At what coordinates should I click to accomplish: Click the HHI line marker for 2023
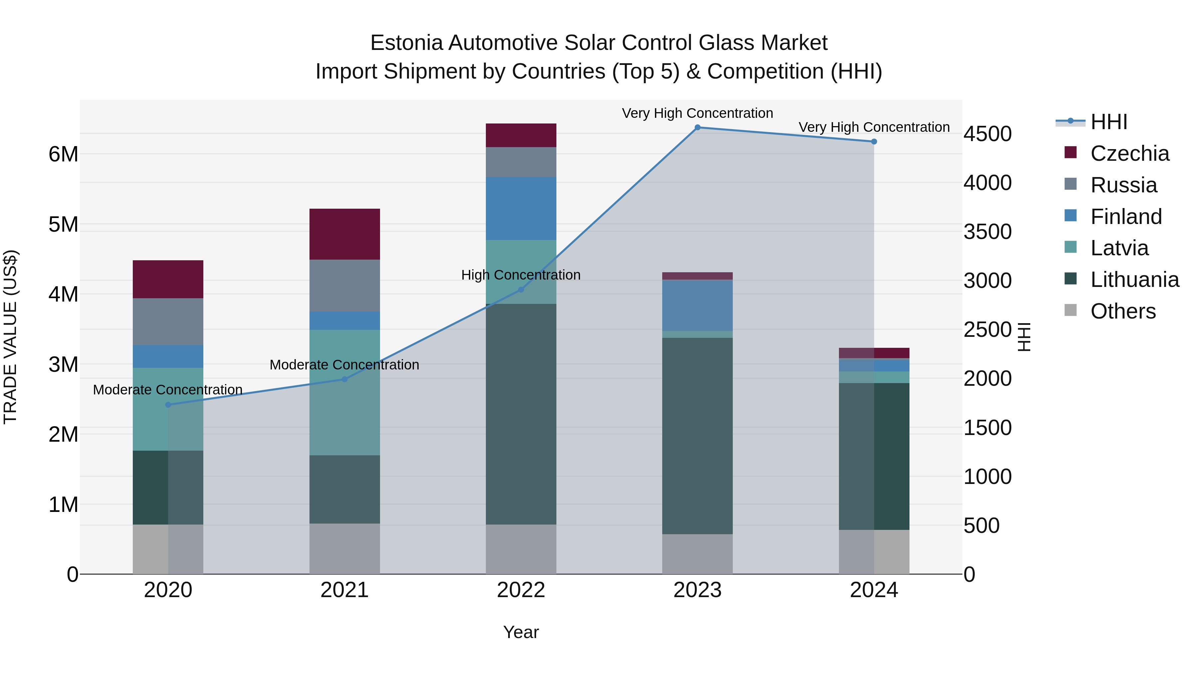point(697,127)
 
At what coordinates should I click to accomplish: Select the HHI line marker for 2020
point(168,405)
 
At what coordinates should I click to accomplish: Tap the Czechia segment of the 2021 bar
point(345,234)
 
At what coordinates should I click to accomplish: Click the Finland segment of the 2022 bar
point(521,208)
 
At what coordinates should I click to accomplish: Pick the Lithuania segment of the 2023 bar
point(697,436)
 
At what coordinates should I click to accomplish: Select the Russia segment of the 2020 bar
point(168,322)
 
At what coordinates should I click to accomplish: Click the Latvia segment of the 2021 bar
point(345,392)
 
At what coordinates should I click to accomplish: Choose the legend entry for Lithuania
point(1134,280)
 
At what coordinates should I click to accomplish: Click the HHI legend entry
point(1109,122)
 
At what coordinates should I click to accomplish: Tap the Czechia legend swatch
point(1071,152)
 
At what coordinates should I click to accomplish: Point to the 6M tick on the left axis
point(63,154)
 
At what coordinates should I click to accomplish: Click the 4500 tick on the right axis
point(987,134)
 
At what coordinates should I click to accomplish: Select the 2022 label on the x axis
point(521,590)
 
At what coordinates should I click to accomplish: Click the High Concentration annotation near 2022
point(521,275)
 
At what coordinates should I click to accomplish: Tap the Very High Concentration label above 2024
point(874,127)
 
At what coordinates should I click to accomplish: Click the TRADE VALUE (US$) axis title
point(10,337)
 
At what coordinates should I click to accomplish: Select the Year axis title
point(521,632)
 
